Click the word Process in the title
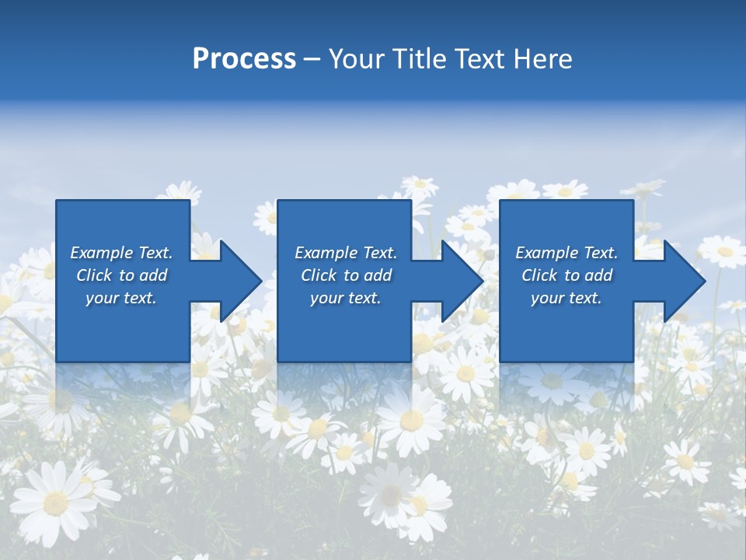pyautogui.click(x=244, y=59)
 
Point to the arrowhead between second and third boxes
pyautogui.click(x=461, y=281)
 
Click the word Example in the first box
pyautogui.click(x=102, y=253)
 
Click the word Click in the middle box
pyautogui.click(x=317, y=275)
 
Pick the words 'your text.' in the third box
pyautogui.click(x=566, y=298)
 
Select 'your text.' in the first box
pyautogui.click(x=121, y=298)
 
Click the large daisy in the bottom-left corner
pyautogui.click(x=54, y=502)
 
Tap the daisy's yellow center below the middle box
pyautogui.click(x=411, y=420)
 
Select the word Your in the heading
pyautogui.click(x=354, y=59)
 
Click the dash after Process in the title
pyautogui.click(x=312, y=59)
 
